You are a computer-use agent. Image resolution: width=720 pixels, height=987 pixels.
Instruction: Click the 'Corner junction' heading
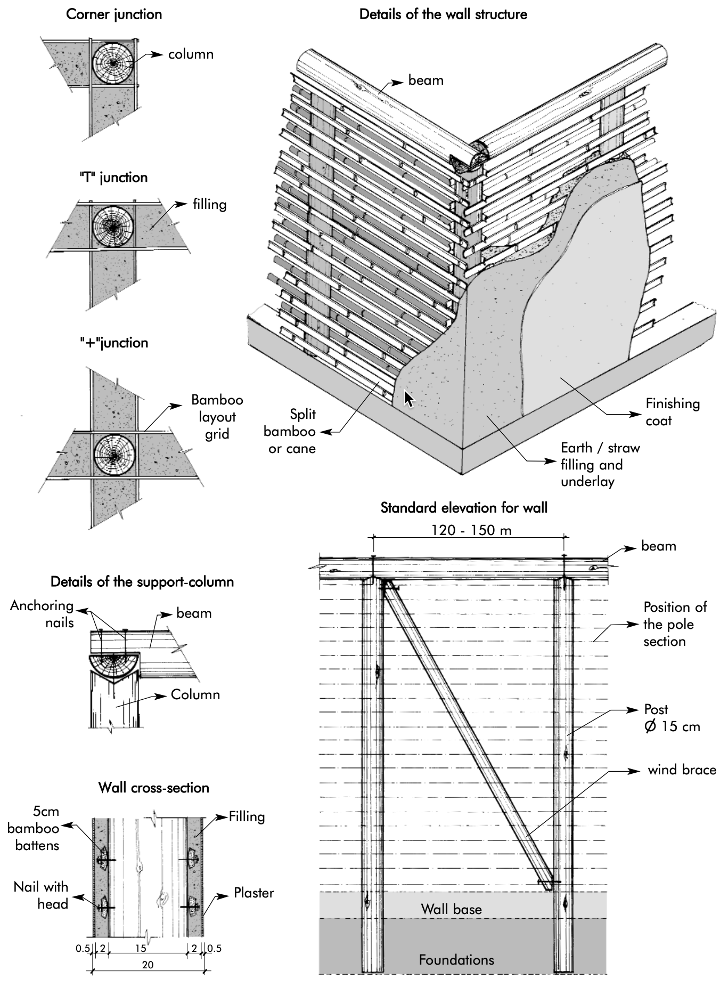[x=114, y=14]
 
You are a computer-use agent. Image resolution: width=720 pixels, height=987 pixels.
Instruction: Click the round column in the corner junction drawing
[x=113, y=63]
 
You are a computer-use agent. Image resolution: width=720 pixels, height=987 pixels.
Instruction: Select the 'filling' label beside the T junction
[x=209, y=204]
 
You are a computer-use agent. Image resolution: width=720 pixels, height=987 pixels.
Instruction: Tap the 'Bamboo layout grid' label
[x=217, y=417]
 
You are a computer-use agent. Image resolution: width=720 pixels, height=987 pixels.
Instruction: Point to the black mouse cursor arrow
[x=408, y=399]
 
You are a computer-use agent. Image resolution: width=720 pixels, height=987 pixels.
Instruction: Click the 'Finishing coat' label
[x=672, y=412]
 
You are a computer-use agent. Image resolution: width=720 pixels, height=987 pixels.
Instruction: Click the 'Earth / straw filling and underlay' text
[x=600, y=464]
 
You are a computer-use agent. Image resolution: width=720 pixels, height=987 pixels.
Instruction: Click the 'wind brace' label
[x=682, y=770]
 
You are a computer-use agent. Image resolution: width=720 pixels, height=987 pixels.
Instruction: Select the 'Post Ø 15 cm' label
[x=671, y=718]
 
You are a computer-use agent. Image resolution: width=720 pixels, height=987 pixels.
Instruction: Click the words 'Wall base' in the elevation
[x=451, y=909]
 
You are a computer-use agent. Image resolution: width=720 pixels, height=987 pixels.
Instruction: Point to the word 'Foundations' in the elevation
[x=456, y=960]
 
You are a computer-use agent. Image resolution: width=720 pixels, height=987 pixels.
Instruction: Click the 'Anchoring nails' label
[x=43, y=614]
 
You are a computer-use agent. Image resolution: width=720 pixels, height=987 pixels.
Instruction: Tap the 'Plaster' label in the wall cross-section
[x=253, y=893]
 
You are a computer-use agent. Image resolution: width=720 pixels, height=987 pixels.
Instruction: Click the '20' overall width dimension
[x=148, y=965]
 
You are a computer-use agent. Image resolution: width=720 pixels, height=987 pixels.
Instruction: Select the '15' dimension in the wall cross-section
[x=140, y=948]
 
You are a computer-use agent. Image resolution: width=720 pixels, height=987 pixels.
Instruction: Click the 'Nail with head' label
[x=42, y=895]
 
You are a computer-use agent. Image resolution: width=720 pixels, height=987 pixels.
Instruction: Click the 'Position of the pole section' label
[x=674, y=624]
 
